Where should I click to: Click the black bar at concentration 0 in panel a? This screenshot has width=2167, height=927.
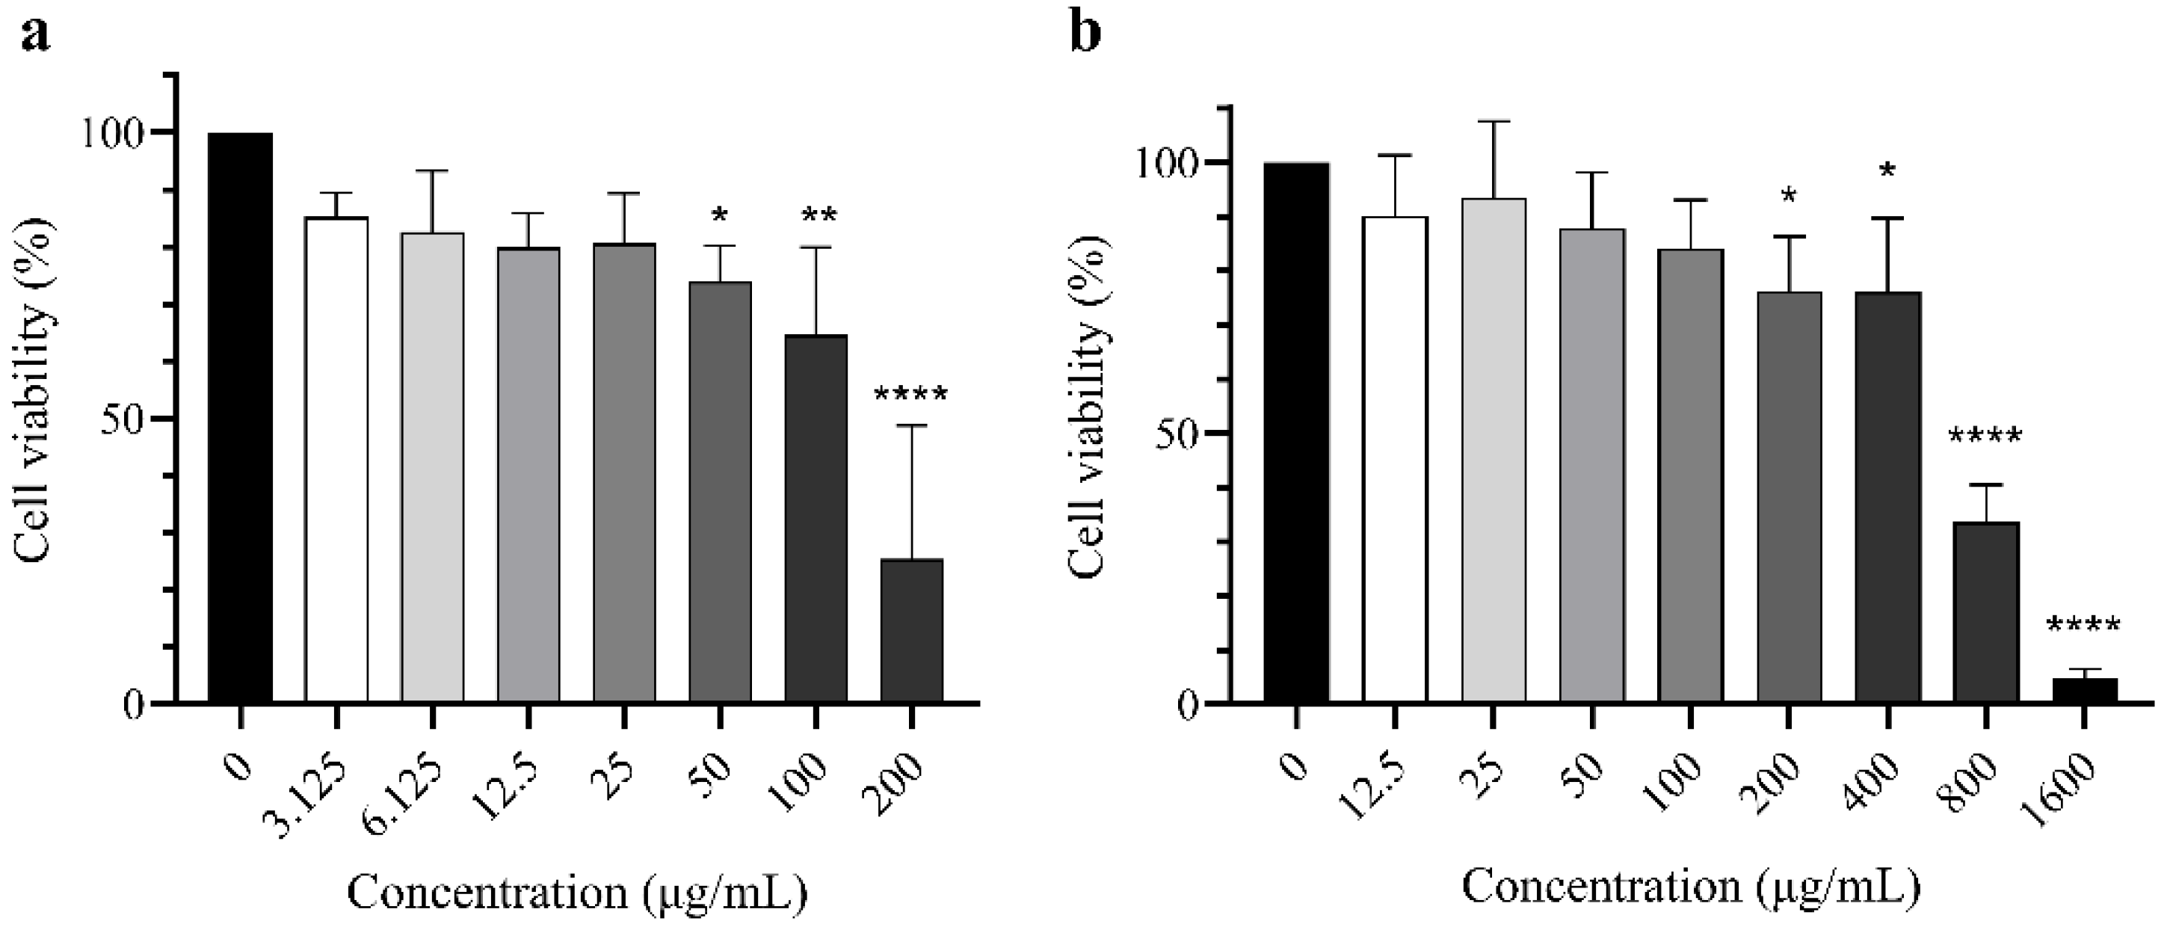241,416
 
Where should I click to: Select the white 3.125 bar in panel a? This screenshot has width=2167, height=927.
336,458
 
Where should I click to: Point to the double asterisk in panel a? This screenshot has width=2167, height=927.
819,216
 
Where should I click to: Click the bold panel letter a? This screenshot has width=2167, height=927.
34,34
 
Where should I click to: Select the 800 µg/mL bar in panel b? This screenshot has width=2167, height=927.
1986,612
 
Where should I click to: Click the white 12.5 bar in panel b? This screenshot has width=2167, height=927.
1395,458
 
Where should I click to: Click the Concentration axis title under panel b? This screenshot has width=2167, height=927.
1691,887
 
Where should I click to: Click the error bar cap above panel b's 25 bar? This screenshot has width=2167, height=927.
1494,122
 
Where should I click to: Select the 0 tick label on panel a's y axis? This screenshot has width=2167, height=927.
135,704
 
